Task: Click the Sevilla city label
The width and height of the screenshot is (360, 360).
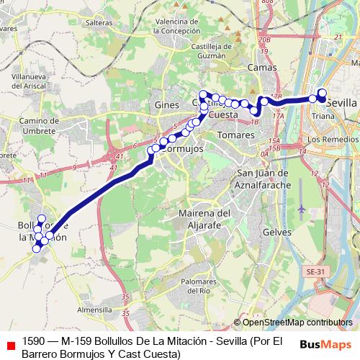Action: pos(341,102)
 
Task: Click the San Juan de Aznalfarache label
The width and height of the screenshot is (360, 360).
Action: pos(263,179)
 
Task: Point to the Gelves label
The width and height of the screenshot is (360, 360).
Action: pos(277,233)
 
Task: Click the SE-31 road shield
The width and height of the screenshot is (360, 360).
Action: pos(314,271)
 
